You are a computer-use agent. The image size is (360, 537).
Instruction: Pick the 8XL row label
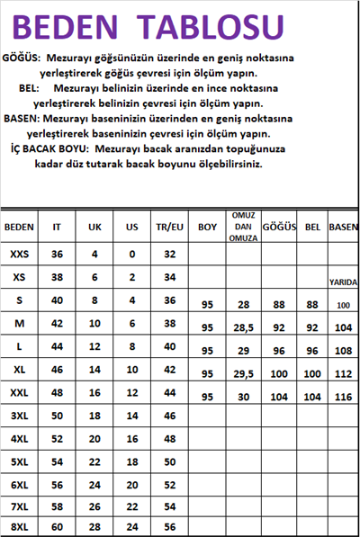pos(20,524)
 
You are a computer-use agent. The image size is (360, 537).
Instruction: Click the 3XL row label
pos(20,416)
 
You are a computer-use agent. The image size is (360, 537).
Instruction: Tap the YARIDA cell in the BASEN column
pos(343,282)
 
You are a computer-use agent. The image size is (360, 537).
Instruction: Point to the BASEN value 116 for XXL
pos(343,397)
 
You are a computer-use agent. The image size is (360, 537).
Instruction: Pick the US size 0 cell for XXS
pos(131,254)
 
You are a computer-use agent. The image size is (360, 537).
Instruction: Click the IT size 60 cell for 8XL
pos(58,524)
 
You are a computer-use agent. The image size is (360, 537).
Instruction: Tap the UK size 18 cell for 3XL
pos(94,416)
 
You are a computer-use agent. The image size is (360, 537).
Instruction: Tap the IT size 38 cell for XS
pos(58,276)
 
